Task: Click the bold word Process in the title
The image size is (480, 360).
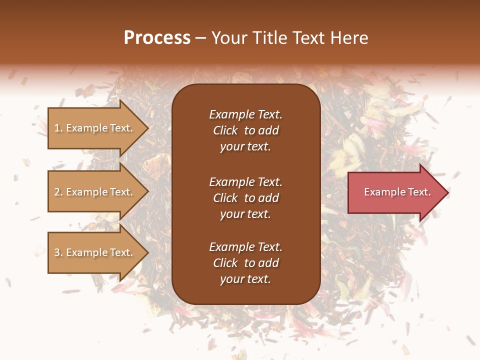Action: (157, 38)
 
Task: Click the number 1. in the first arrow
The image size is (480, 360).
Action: (58, 128)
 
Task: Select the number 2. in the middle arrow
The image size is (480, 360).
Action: (58, 192)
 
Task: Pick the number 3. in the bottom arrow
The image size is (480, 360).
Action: (58, 252)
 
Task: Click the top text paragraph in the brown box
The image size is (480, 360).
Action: (245, 130)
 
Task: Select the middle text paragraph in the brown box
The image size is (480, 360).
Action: (245, 198)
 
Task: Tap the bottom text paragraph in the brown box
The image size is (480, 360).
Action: (245, 263)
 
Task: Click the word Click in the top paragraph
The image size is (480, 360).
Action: (225, 130)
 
